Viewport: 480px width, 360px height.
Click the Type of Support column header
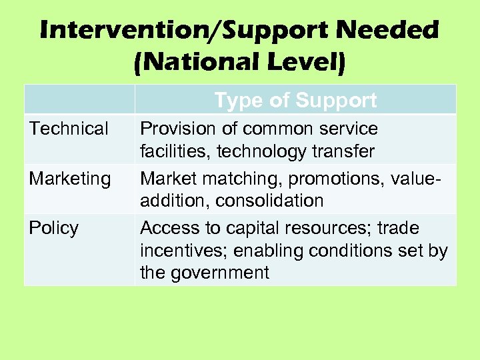click(295, 101)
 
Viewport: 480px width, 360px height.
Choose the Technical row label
click(69, 129)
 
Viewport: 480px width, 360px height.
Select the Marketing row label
click(70, 179)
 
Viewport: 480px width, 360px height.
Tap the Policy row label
click(54, 228)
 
